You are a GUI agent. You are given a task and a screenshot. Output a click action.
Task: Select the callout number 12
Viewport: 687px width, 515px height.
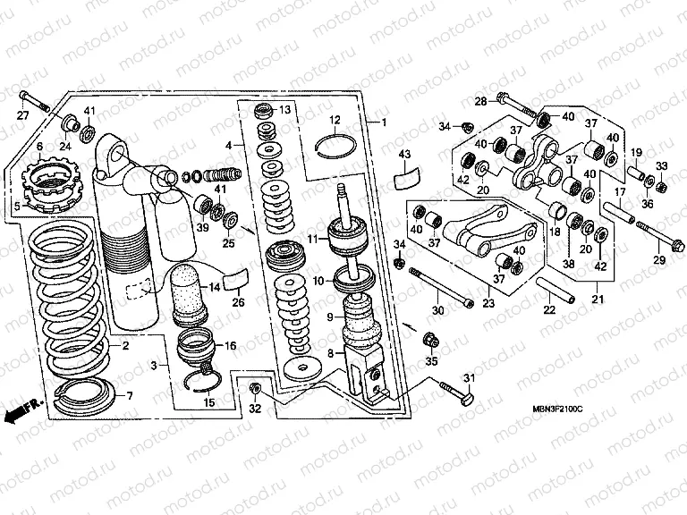coord(333,119)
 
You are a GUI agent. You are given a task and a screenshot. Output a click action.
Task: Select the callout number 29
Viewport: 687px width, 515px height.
coord(658,260)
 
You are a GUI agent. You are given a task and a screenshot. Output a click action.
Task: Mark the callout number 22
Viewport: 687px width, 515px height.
coord(549,310)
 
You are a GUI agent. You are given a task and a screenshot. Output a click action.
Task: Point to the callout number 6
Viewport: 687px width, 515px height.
coord(40,146)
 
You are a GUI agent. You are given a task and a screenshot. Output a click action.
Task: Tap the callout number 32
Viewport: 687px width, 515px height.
coord(255,409)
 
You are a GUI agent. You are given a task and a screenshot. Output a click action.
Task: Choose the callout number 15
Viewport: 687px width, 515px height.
coord(210,402)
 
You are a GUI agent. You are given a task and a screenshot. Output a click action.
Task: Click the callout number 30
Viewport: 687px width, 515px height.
coord(438,310)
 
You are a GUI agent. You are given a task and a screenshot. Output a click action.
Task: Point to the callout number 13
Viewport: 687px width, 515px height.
coord(285,110)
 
